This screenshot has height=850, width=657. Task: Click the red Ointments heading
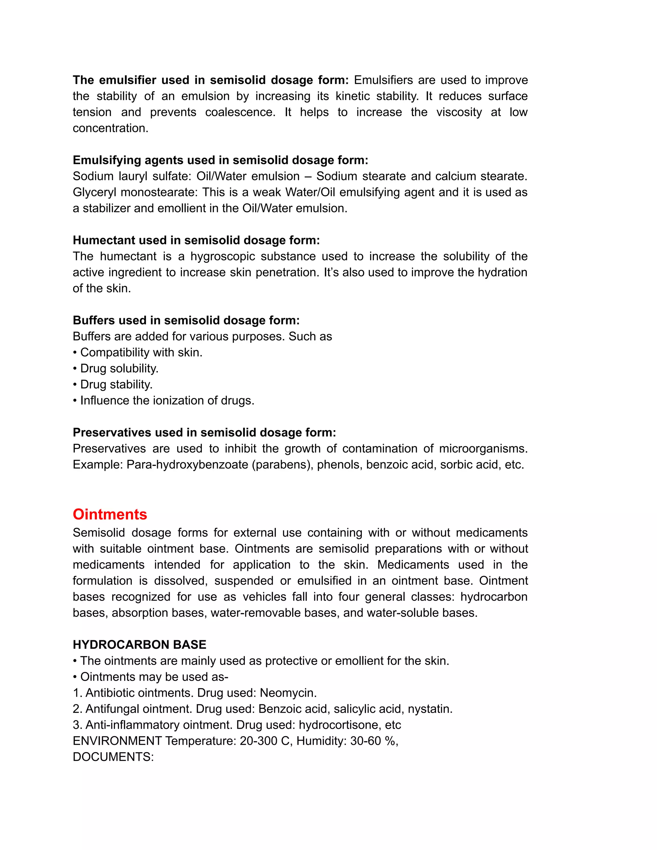[x=110, y=514]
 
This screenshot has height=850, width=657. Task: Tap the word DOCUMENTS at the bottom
[x=113, y=757]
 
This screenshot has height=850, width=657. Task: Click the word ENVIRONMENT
[x=117, y=741]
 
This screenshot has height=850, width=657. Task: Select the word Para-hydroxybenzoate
[x=187, y=464]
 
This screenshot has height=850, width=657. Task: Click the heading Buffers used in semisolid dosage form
[x=186, y=320]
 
